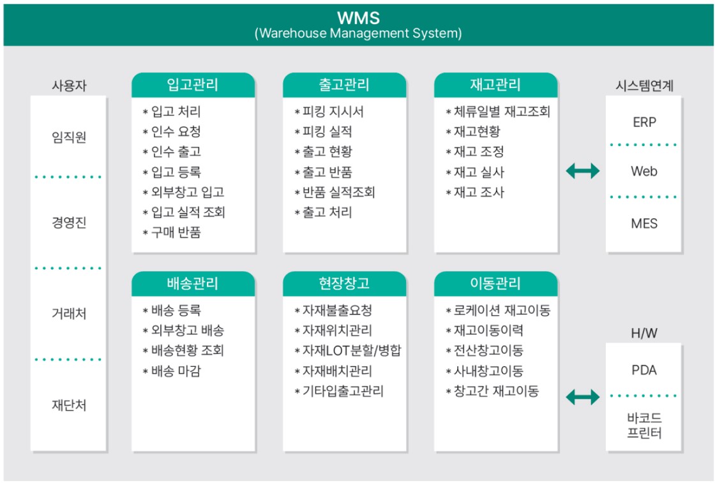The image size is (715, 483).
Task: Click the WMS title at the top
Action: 358,18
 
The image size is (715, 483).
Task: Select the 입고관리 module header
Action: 193,85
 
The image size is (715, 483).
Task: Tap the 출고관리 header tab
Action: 344,85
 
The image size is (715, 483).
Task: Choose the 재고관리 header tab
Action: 495,85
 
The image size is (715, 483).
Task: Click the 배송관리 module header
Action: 193,283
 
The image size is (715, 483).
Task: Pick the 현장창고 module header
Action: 344,283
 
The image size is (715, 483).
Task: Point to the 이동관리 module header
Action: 495,283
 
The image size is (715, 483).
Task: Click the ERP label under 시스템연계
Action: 644,122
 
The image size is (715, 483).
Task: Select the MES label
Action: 644,223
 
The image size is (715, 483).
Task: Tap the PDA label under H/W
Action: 644,370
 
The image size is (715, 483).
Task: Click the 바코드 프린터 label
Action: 644,425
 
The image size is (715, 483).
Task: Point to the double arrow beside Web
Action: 583,171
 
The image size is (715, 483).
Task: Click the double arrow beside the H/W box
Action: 583,397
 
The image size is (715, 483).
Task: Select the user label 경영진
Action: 69,223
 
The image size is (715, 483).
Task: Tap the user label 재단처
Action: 69,405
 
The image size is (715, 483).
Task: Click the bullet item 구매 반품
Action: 176,232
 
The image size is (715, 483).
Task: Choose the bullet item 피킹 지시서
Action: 333,112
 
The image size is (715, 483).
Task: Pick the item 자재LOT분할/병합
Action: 352,350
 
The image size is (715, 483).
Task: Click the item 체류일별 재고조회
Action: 502,112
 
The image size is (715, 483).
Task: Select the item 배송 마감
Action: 176,371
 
